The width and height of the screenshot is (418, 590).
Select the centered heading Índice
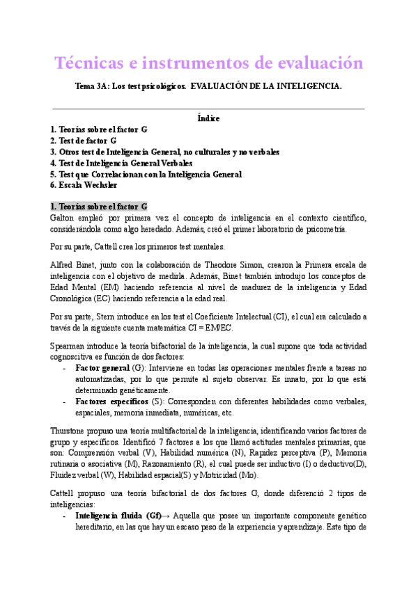tap(208, 118)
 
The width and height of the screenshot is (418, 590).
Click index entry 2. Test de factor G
tap(83, 140)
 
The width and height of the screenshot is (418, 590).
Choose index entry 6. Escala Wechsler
tap(84, 185)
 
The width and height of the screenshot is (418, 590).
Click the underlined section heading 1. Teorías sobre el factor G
tap(98, 207)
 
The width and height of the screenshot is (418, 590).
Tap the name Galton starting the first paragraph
tap(64, 218)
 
